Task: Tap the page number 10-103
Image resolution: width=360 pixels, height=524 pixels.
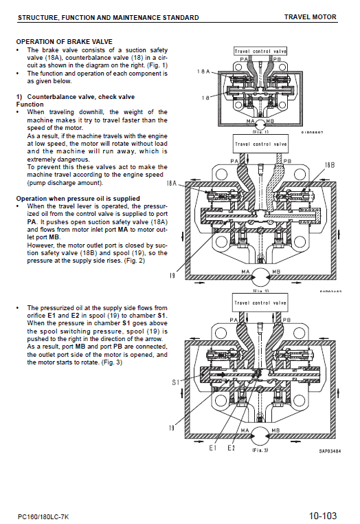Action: pos(323,514)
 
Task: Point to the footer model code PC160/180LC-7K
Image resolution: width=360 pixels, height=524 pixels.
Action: pos(44,515)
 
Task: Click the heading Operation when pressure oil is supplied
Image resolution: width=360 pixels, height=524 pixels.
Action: pos(78,198)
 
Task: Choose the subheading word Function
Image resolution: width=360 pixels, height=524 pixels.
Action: pos(30,105)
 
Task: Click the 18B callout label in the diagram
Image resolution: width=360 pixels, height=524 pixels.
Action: pos(329,166)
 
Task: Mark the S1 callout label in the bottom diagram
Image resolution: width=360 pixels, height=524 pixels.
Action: pos(176,382)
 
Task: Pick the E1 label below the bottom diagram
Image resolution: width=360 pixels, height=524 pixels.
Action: pos(213,448)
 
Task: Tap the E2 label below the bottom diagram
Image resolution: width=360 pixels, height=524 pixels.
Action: pos(232,448)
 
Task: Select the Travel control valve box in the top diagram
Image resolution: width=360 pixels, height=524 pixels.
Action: pos(260,51)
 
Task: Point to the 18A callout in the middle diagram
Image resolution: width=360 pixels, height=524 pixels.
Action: pos(172,184)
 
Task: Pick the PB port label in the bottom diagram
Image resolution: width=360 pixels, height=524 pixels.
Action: pos(278,319)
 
